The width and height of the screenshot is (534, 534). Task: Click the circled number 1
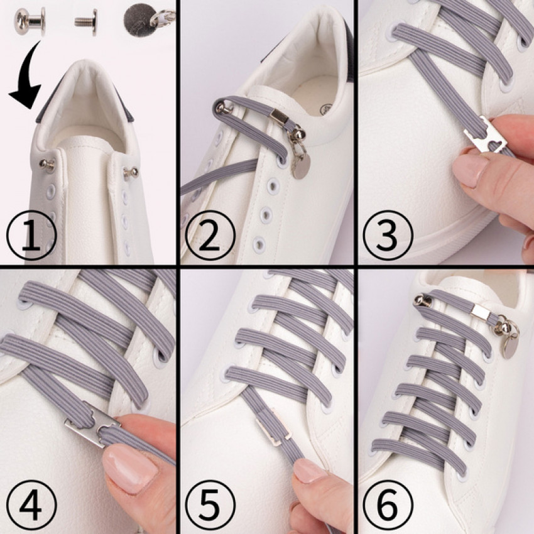click(31, 236)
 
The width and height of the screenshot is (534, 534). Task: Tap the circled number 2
click(210, 236)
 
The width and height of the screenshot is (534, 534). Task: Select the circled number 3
click(388, 236)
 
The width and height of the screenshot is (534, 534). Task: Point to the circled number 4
click(31, 505)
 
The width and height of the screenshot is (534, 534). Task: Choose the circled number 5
click(210, 505)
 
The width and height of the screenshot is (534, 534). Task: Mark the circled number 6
click(388, 505)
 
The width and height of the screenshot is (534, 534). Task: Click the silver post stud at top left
click(30, 21)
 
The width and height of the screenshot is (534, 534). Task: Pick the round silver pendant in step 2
click(302, 167)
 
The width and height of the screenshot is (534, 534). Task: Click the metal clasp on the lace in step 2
click(280, 117)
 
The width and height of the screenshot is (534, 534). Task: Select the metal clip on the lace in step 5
click(273, 427)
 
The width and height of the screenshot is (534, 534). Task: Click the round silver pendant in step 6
click(511, 346)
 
